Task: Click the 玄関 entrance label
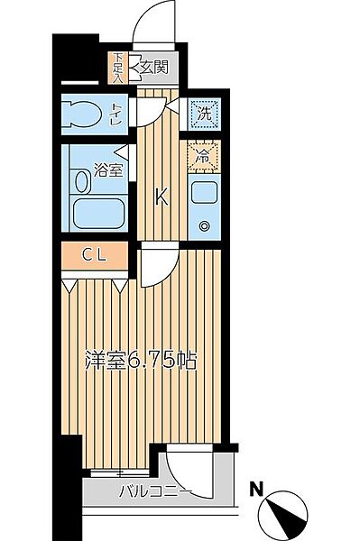click(x=154, y=66)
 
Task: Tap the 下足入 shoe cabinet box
click(x=118, y=68)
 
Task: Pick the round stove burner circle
click(x=204, y=226)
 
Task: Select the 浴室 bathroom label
click(x=108, y=170)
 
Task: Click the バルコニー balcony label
click(x=153, y=491)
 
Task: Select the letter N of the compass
click(x=259, y=491)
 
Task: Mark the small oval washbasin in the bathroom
click(x=83, y=181)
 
